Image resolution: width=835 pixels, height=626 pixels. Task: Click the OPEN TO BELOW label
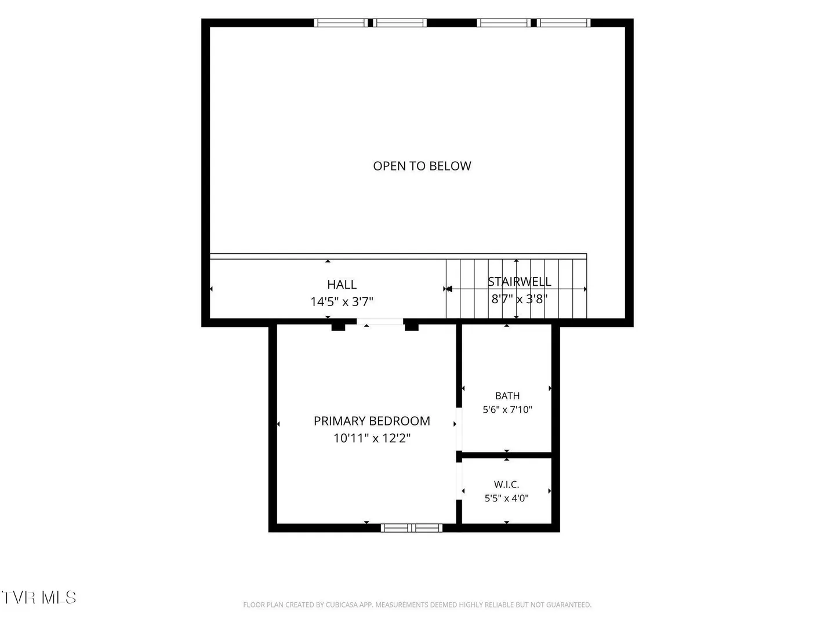422,166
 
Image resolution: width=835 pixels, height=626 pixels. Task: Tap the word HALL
342,284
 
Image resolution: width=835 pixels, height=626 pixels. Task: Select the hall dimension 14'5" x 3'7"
342,301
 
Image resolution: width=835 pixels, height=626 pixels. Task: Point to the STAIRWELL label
519,282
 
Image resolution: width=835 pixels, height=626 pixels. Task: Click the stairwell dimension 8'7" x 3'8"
519,299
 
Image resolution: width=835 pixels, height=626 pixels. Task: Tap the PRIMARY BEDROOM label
372,421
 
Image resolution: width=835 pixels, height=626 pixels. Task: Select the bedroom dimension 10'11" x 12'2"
372,438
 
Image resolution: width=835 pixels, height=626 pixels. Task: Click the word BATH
507,396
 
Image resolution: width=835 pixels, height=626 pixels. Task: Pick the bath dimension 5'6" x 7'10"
507,409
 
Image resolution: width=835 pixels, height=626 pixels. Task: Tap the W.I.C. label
506,484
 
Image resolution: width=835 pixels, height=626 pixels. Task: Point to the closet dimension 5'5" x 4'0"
506,498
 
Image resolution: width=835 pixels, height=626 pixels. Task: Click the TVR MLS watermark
39,598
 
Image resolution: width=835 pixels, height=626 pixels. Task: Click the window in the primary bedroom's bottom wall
412,528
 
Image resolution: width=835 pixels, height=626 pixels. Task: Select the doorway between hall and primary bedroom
380,322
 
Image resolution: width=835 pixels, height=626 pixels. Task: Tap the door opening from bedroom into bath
459,430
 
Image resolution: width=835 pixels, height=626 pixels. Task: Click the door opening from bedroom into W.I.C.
459,481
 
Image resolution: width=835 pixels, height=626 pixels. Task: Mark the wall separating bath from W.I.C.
506,455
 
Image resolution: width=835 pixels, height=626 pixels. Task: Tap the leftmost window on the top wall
341,23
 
